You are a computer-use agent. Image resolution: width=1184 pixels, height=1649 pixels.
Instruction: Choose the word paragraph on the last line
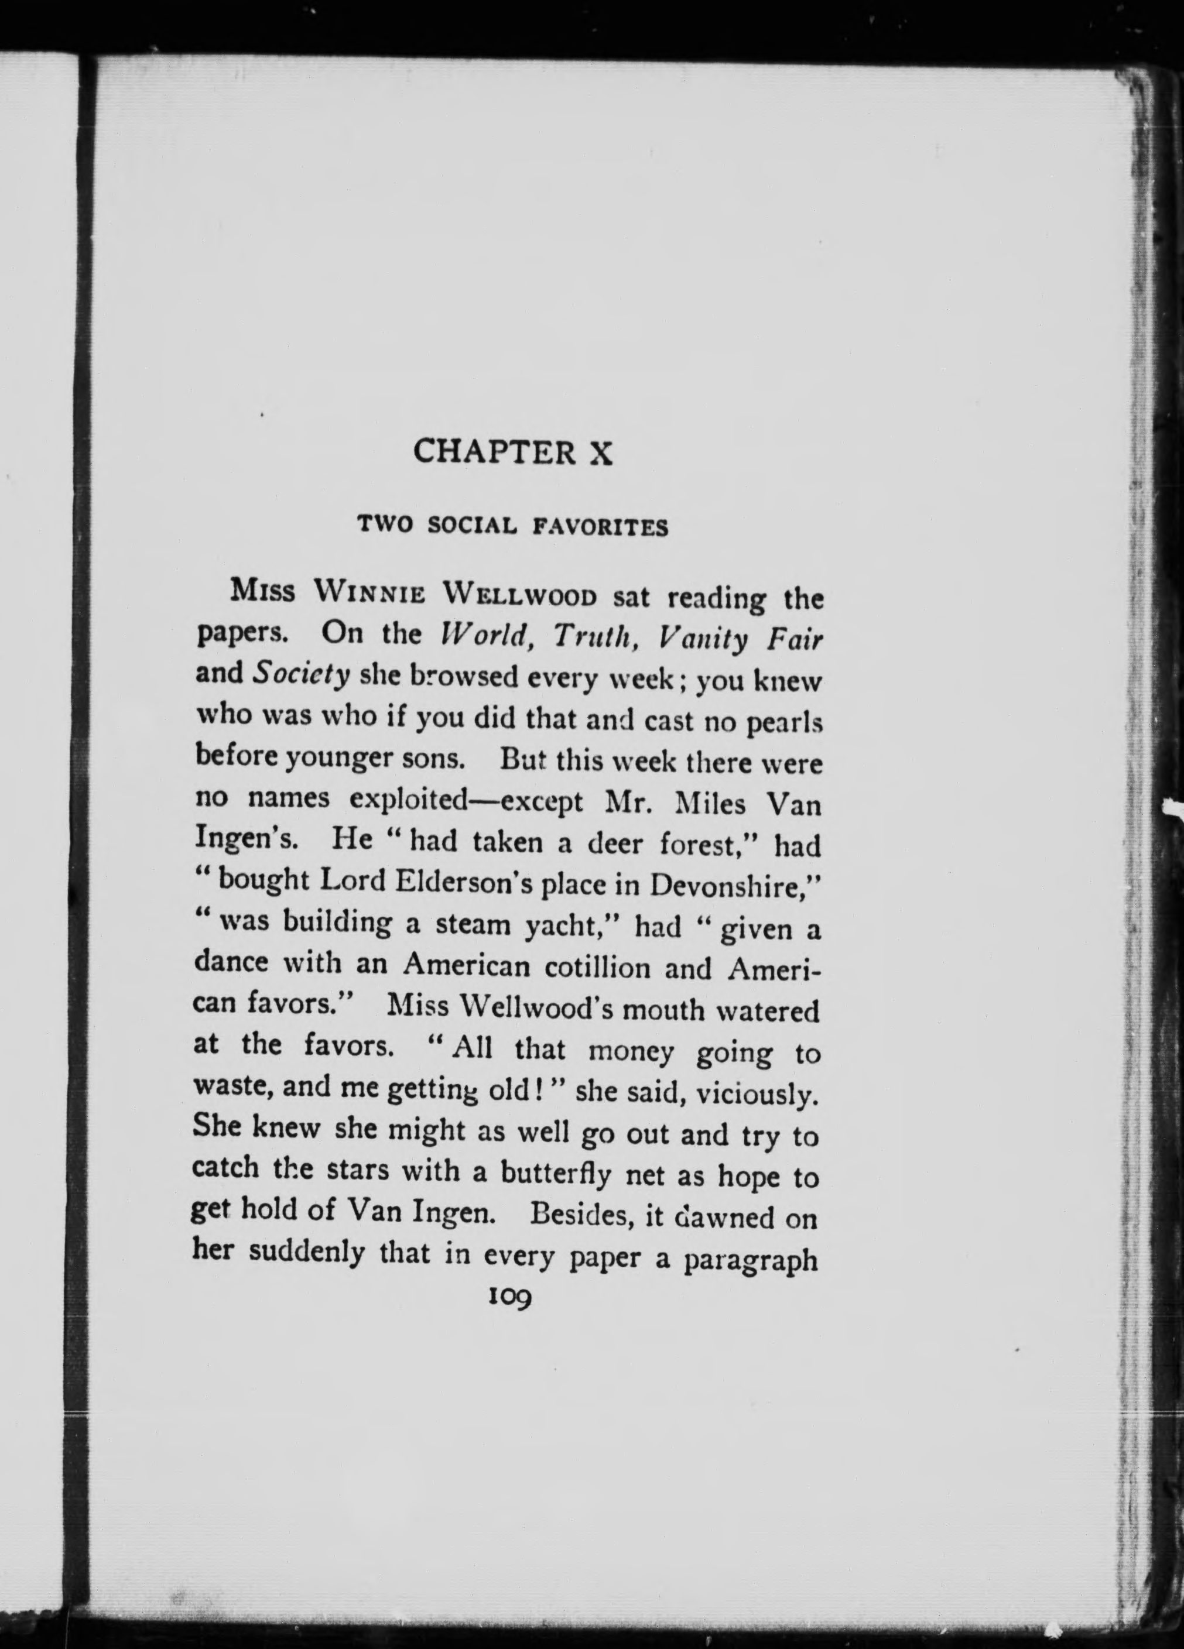click(751, 1259)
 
